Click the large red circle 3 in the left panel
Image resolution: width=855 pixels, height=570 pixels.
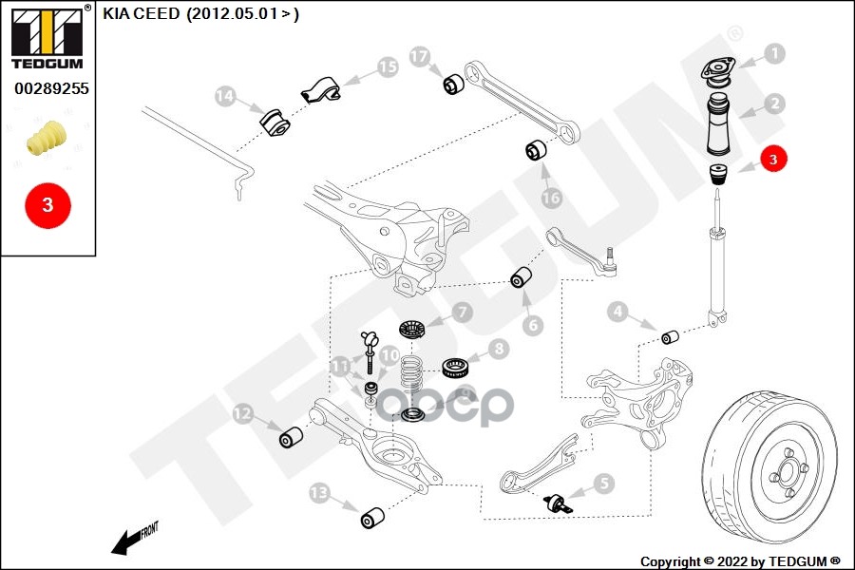pos(47,203)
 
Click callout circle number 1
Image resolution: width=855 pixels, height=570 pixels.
pos(775,53)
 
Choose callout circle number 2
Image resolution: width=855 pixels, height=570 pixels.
pos(775,104)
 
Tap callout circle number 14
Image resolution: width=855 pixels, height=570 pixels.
pos(225,96)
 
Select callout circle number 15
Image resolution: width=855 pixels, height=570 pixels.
pos(387,66)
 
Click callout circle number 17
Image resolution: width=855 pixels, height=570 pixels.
pos(420,57)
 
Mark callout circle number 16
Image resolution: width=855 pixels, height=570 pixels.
pos(552,198)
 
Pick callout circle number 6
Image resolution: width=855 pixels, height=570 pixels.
pos(532,325)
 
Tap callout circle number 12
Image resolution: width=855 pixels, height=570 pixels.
pos(242,413)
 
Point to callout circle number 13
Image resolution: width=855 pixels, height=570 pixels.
pos(318,492)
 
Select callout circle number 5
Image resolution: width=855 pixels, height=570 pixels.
pos(604,484)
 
